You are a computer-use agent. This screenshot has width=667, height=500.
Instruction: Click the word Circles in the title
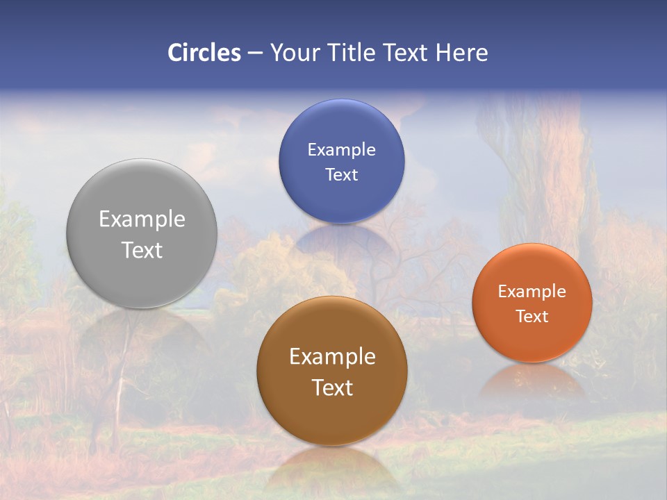point(204,53)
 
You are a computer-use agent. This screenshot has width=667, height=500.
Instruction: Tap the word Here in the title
point(461,53)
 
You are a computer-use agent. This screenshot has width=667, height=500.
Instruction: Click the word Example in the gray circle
point(142,219)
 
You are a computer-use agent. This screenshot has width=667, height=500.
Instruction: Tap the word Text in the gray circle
point(142,250)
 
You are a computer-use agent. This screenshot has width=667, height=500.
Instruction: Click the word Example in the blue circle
point(341,150)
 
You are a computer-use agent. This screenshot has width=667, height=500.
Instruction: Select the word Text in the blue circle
point(341,175)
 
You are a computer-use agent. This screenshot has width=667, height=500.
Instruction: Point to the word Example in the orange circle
point(532,292)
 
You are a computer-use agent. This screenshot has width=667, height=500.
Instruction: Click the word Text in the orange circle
point(532,317)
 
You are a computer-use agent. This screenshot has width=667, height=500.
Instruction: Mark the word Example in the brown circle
point(332,357)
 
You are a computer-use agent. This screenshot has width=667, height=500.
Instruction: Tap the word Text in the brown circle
point(332,387)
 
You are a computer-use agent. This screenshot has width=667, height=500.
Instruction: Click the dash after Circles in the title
point(255,53)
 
